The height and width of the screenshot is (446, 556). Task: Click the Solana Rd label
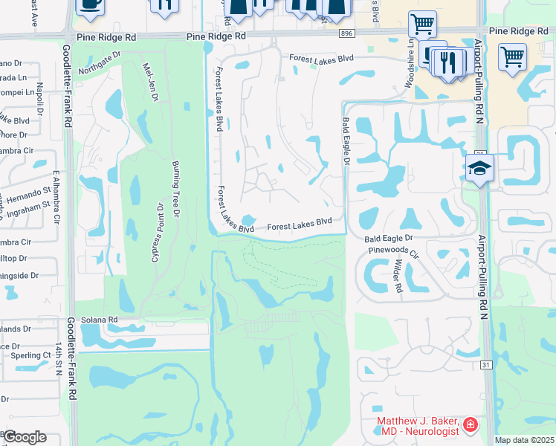click(101, 320)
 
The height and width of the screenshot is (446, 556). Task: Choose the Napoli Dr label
click(39, 97)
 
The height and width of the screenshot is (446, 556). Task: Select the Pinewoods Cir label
click(393, 251)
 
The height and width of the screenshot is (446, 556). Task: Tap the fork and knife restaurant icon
click(447, 62)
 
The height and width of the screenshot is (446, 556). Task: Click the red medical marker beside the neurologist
click(470, 425)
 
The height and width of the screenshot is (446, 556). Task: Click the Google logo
click(25, 437)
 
